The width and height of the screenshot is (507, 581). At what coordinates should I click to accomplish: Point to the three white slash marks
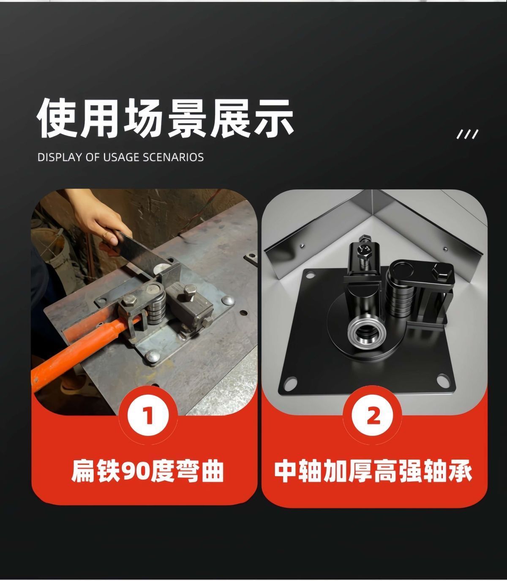(x=467, y=134)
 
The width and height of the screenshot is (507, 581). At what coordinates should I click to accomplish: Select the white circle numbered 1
(x=148, y=416)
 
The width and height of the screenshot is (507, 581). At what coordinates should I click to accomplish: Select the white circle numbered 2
(x=373, y=416)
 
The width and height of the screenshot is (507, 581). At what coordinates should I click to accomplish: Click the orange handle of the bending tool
(x=82, y=351)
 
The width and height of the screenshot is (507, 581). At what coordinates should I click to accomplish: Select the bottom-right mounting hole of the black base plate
(x=443, y=380)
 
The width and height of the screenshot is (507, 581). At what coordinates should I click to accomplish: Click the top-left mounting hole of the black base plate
(x=311, y=275)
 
